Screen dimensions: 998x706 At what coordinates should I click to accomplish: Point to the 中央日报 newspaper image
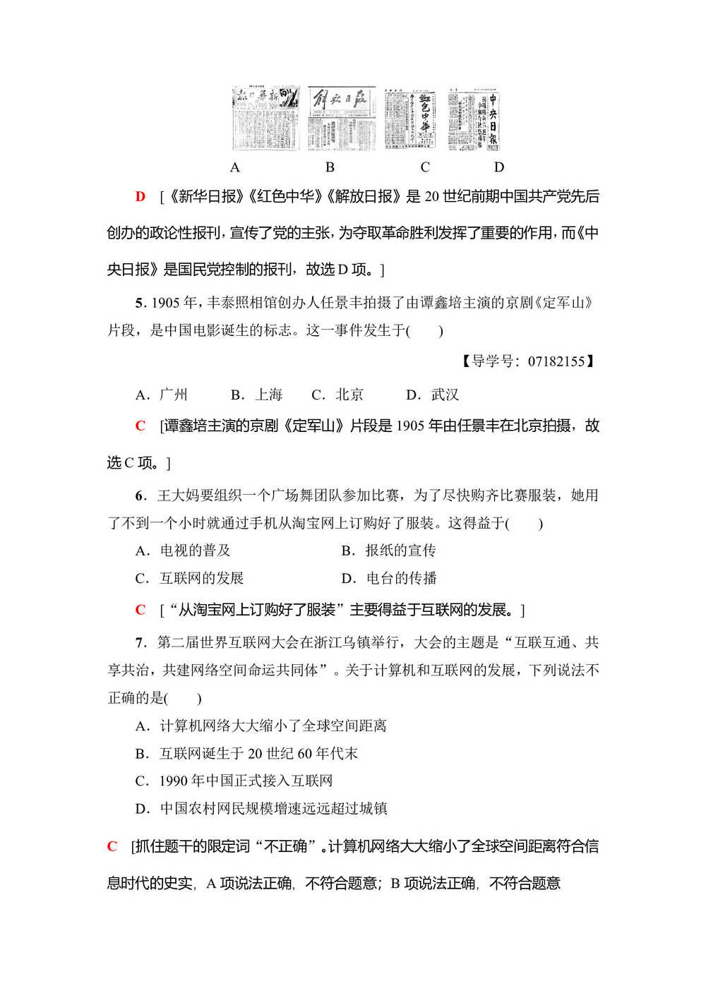coord(474,119)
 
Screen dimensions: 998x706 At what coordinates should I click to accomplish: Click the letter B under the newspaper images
coord(330,167)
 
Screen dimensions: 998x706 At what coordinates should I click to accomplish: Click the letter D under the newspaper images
coord(499,167)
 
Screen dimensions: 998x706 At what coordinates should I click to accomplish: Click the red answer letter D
coord(140,196)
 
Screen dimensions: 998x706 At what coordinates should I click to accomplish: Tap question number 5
coord(140,303)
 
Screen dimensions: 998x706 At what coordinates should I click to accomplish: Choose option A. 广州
coord(162,395)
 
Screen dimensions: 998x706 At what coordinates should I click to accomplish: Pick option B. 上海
coord(257,395)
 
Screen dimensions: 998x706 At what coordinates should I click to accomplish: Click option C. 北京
coord(337,395)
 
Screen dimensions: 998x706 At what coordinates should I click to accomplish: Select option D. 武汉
coord(433,395)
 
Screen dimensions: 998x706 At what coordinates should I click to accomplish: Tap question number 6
coord(140,495)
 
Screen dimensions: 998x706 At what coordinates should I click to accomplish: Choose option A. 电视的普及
coord(183,551)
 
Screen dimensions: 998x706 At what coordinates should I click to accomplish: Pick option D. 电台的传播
coord(389,579)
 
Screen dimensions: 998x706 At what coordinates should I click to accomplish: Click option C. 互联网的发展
coord(189,579)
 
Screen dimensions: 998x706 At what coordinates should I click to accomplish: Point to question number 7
coord(140,642)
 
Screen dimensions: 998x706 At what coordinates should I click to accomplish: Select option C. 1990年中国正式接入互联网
coord(234,781)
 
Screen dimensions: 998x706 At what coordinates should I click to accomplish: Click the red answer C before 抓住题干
coord(112,846)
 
